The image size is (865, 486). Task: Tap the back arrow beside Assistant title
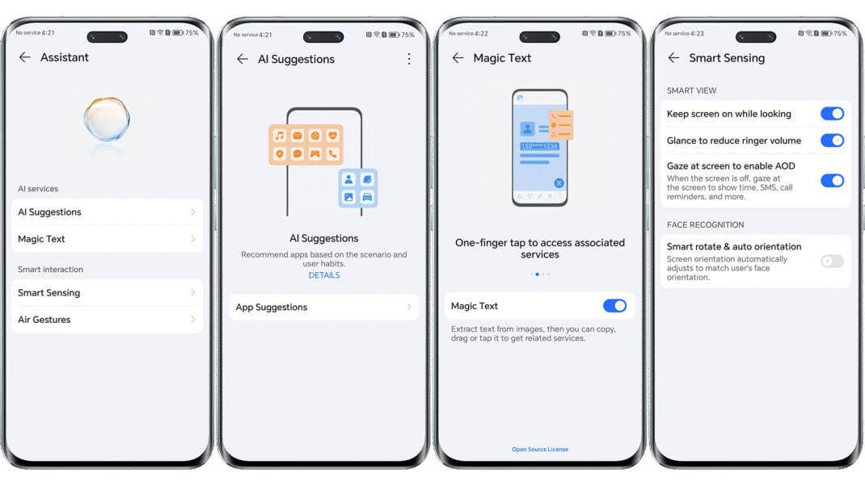[25, 57]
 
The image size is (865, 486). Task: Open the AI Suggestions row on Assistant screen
[106, 212]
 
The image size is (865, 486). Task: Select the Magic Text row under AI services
[106, 239]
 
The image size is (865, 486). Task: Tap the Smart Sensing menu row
[106, 293]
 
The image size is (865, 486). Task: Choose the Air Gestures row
[106, 320]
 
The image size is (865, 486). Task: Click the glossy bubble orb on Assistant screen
[107, 121]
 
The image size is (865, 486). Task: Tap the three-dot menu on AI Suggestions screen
[409, 59]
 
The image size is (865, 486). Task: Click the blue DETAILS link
[324, 275]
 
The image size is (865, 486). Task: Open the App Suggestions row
[323, 307]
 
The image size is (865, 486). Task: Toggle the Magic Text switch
[614, 306]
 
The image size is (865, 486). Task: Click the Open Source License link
[540, 450]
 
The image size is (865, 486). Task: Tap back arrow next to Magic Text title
[458, 58]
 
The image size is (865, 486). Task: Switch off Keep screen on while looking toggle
[832, 114]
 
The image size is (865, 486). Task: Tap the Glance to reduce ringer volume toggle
[832, 140]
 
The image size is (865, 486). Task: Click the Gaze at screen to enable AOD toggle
[832, 181]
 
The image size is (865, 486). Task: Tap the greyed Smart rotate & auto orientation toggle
[832, 262]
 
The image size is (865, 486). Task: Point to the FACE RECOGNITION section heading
[705, 224]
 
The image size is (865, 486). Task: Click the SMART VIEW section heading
[691, 90]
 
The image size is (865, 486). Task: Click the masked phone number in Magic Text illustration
[539, 146]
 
